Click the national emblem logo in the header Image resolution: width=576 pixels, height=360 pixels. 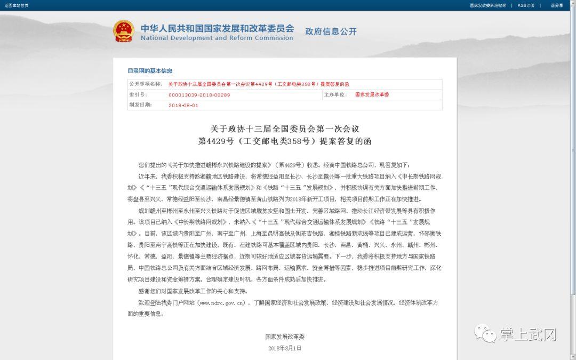(123, 31)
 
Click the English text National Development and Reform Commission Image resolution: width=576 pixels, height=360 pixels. (217, 38)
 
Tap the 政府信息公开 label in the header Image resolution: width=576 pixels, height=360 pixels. (331, 31)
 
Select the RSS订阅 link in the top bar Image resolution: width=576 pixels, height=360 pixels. (525, 5)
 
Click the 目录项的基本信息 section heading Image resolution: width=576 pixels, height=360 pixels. (150, 71)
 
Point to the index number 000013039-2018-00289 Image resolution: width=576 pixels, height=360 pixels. (199, 94)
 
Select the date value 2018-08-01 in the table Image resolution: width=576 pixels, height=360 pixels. (183, 105)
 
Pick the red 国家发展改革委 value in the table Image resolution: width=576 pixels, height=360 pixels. (372, 94)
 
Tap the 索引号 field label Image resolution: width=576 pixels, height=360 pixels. (138, 94)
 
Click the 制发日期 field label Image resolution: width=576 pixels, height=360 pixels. (140, 105)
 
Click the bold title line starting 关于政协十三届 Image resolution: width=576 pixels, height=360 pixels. (285, 129)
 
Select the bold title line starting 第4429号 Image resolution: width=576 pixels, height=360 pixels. (285, 141)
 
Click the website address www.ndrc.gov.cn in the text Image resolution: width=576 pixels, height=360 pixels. (221, 302)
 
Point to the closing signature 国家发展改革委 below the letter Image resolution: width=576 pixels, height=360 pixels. (285, 337)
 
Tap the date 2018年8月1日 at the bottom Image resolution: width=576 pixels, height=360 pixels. (285, 348)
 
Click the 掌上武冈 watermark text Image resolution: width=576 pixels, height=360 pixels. (529, 334)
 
